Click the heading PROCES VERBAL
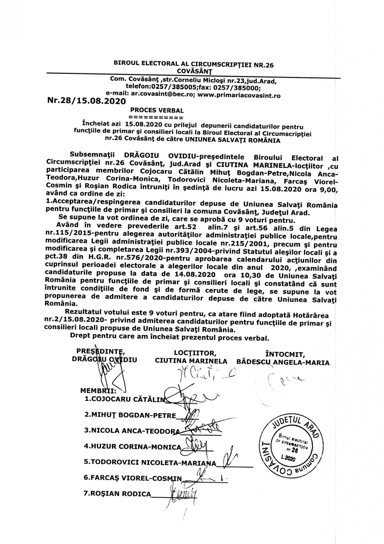pyautogui.click(x=157, y=111)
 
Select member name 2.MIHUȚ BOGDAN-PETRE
pyautogui.click(x=130, y=415)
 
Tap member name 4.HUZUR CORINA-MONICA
pyautogui.click(x=132, y=446)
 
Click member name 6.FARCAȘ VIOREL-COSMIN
pyautogui.click(x=132, y=478)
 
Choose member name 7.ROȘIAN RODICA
pyautogui.click(x=117, y=494)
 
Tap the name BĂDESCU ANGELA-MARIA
pyautogui.click(x=283, y=363)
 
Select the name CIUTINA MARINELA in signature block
pyautogui.click(x=191, y=361)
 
